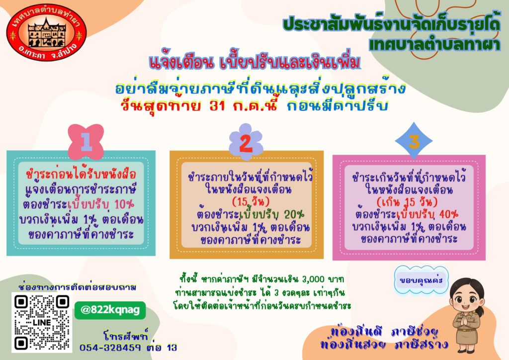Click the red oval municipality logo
click(x=47, y=32)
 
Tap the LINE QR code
click(x=42, y=322)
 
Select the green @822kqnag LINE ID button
click(x=110, y=310)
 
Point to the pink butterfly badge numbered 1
click(x=86, y=142)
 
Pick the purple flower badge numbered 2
click(x=246, y=142)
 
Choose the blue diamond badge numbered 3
click(x=414, y=141)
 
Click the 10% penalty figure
click(x=124, y=204)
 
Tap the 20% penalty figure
click(x=294, y=214)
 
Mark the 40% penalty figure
click(x=449, y=214)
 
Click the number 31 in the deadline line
click(x=218, y=106)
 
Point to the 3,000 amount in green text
click(x=313, y=279)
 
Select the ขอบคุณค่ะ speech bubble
click(x=422, y=280)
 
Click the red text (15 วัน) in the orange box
click(x=251, y=201)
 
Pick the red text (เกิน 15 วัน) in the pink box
click(x=407, y=202)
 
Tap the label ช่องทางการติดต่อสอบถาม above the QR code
click(x=78, y=287)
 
